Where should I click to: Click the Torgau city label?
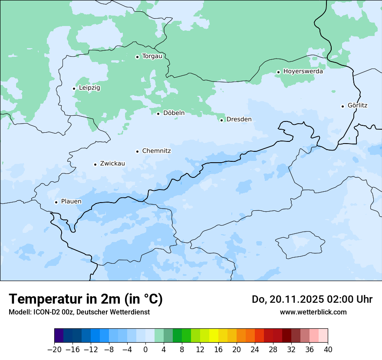point(152,56)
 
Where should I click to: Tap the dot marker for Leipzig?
point(74,88)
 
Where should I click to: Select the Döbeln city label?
point(174,113)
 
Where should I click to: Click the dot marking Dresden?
point(221,120)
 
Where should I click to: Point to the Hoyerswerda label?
point(303,72)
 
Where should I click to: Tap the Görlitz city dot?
point(342,106)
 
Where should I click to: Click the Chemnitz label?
point(156,151)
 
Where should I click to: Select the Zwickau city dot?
point(95,164)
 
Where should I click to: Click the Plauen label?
point(71,202)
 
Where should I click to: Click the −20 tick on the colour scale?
point(54,350)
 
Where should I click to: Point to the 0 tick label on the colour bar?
point(145,350)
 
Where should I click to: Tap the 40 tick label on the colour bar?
point(328,350)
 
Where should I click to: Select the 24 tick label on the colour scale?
point(255,350)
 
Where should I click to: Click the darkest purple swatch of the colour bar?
point(59,336)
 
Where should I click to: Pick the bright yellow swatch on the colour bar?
point(214,336)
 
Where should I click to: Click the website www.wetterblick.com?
point(313,312)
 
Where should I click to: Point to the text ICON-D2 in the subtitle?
point(44,312)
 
